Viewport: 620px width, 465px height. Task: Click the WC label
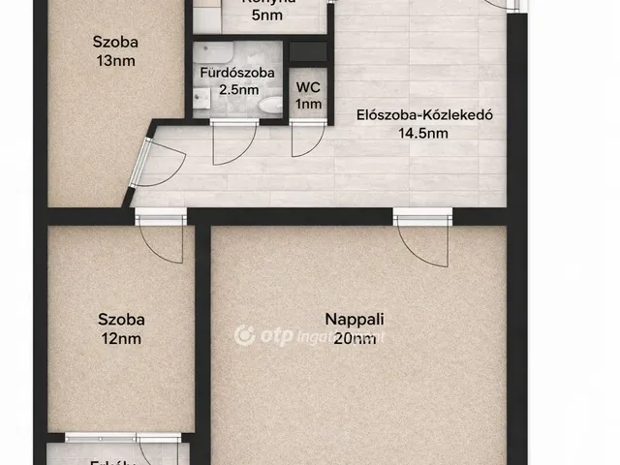(308, 85)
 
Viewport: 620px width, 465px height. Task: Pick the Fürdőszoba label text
(237, 72)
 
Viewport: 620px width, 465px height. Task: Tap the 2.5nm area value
(238, 90)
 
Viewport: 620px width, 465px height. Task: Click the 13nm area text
(116, 61)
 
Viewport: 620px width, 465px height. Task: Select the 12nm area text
(121, 339)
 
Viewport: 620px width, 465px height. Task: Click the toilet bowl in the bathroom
(272, 105)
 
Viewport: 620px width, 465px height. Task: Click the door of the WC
(305, 141)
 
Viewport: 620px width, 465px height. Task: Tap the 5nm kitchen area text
(266, 15)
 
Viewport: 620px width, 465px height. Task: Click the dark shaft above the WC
(309, 50)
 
